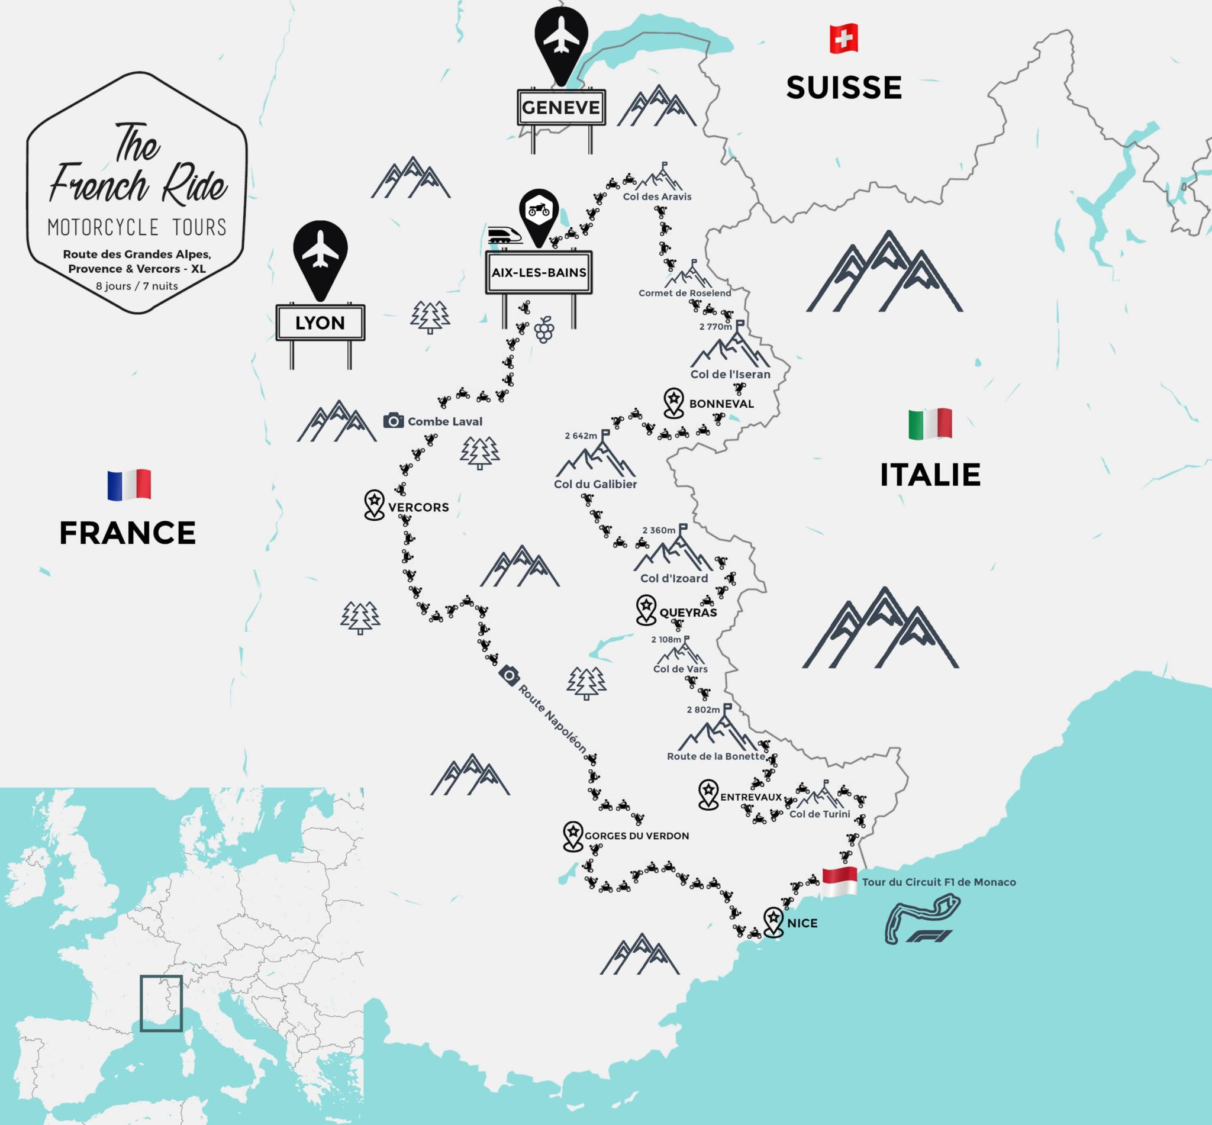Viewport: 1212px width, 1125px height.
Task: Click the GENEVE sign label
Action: [x=560, y=107]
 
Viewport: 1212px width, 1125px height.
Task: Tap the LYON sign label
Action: [x=320, y=323]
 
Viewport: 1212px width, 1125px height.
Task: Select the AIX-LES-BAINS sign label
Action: [x=539, y=272]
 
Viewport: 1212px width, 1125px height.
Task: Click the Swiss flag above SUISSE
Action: [x=843, y=38]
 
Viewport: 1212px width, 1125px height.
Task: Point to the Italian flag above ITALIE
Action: [x=930, y=424]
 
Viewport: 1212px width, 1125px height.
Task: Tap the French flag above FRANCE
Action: [x=129, y=485]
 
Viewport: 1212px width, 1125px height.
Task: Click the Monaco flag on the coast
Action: [x=839, y=880]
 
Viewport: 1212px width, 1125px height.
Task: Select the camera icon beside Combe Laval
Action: [x=393, y=421]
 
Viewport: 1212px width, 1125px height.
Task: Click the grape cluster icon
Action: [x=544, y=330]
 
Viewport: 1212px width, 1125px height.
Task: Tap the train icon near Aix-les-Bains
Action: [x=505, y=236]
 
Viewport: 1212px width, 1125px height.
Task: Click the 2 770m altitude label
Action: [x=715, y=326]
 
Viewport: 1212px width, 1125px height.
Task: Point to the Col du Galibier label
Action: [x=595, y=484]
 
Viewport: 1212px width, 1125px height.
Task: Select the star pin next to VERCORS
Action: [x=374, y=505]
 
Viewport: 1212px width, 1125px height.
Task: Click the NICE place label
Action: [x=802, y=923]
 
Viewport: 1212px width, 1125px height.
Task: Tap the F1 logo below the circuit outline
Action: [x=929, y=936]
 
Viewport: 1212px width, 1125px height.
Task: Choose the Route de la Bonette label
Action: [x=716, y=756]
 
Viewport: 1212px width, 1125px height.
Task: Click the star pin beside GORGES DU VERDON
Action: [x=573, y=836]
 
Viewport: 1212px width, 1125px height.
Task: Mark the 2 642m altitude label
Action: [x=581, y=436]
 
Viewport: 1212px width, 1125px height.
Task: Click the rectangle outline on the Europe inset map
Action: [x=161, y=1003]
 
